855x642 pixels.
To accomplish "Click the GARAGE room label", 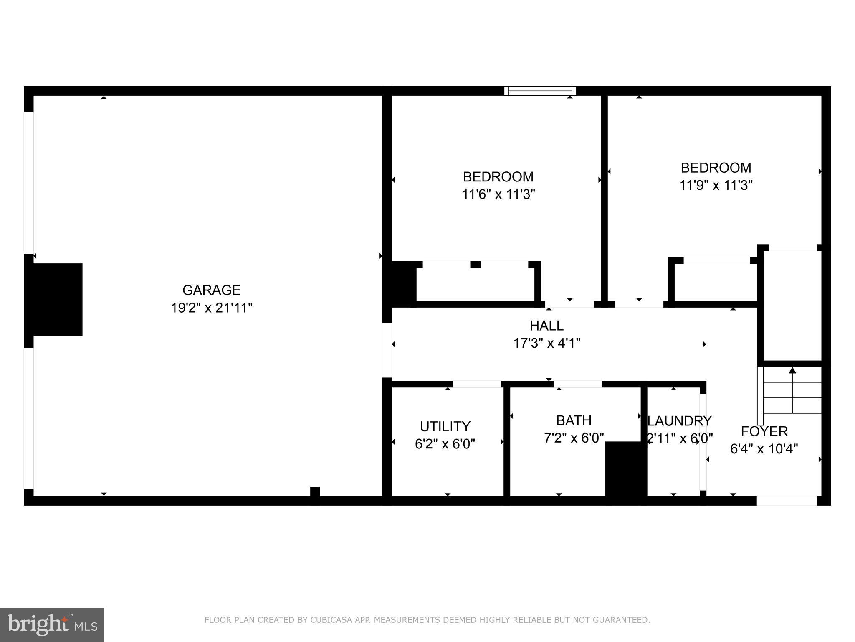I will [211, 290].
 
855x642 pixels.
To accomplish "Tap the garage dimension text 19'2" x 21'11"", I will [211, 308].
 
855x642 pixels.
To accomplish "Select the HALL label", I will [546, 326].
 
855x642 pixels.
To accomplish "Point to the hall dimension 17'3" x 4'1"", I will [546, 343].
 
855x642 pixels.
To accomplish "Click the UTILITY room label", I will [445, 426].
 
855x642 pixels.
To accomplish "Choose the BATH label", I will [574, 420].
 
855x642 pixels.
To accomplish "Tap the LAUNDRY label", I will [679, 420].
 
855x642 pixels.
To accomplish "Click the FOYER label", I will [764, 431].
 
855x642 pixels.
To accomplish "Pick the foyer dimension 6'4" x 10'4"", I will [764, 449].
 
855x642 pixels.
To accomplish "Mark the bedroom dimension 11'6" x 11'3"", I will [498, 194].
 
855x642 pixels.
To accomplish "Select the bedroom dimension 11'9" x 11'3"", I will [716, 185].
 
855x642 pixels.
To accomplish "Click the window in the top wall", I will [540, 91].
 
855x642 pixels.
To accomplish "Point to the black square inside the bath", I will [626, 469].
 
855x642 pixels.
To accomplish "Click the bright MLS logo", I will [52, 625].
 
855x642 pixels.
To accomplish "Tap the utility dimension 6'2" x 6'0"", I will [445, 444].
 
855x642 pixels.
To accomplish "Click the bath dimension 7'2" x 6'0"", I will [574, 438].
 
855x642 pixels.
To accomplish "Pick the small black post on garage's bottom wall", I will [315, 492].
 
